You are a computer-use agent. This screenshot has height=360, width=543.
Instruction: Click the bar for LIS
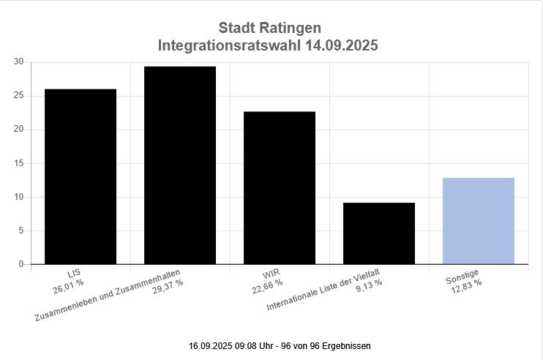click(80, 176)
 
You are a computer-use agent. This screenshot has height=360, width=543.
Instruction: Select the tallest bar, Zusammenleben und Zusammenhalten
click(180, 165)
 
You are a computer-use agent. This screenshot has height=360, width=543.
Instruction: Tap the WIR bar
click(280, 187)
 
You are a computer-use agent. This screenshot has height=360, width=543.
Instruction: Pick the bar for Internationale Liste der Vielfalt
click(379, 233)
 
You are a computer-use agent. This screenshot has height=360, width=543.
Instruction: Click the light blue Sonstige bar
click(479, 220)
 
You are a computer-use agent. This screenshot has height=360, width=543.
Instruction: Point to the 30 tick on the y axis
click(18, 62)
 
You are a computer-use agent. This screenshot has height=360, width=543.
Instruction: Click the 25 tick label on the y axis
click(18, 96)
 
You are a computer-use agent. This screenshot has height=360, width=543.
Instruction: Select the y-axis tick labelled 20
click(18, 130)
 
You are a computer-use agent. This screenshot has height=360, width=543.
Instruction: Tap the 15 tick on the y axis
click(18, 163)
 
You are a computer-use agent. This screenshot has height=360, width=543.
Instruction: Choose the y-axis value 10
click(18, 197)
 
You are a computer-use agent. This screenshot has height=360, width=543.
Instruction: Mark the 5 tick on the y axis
click(21, 230)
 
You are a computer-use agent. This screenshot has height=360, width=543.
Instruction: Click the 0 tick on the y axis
click(21, 264)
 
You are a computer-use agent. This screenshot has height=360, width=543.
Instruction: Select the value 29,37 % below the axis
click(168, 283)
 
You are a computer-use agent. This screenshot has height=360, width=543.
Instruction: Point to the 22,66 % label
click(267, 282)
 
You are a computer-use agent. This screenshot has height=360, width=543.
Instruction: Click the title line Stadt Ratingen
click(269, 29)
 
